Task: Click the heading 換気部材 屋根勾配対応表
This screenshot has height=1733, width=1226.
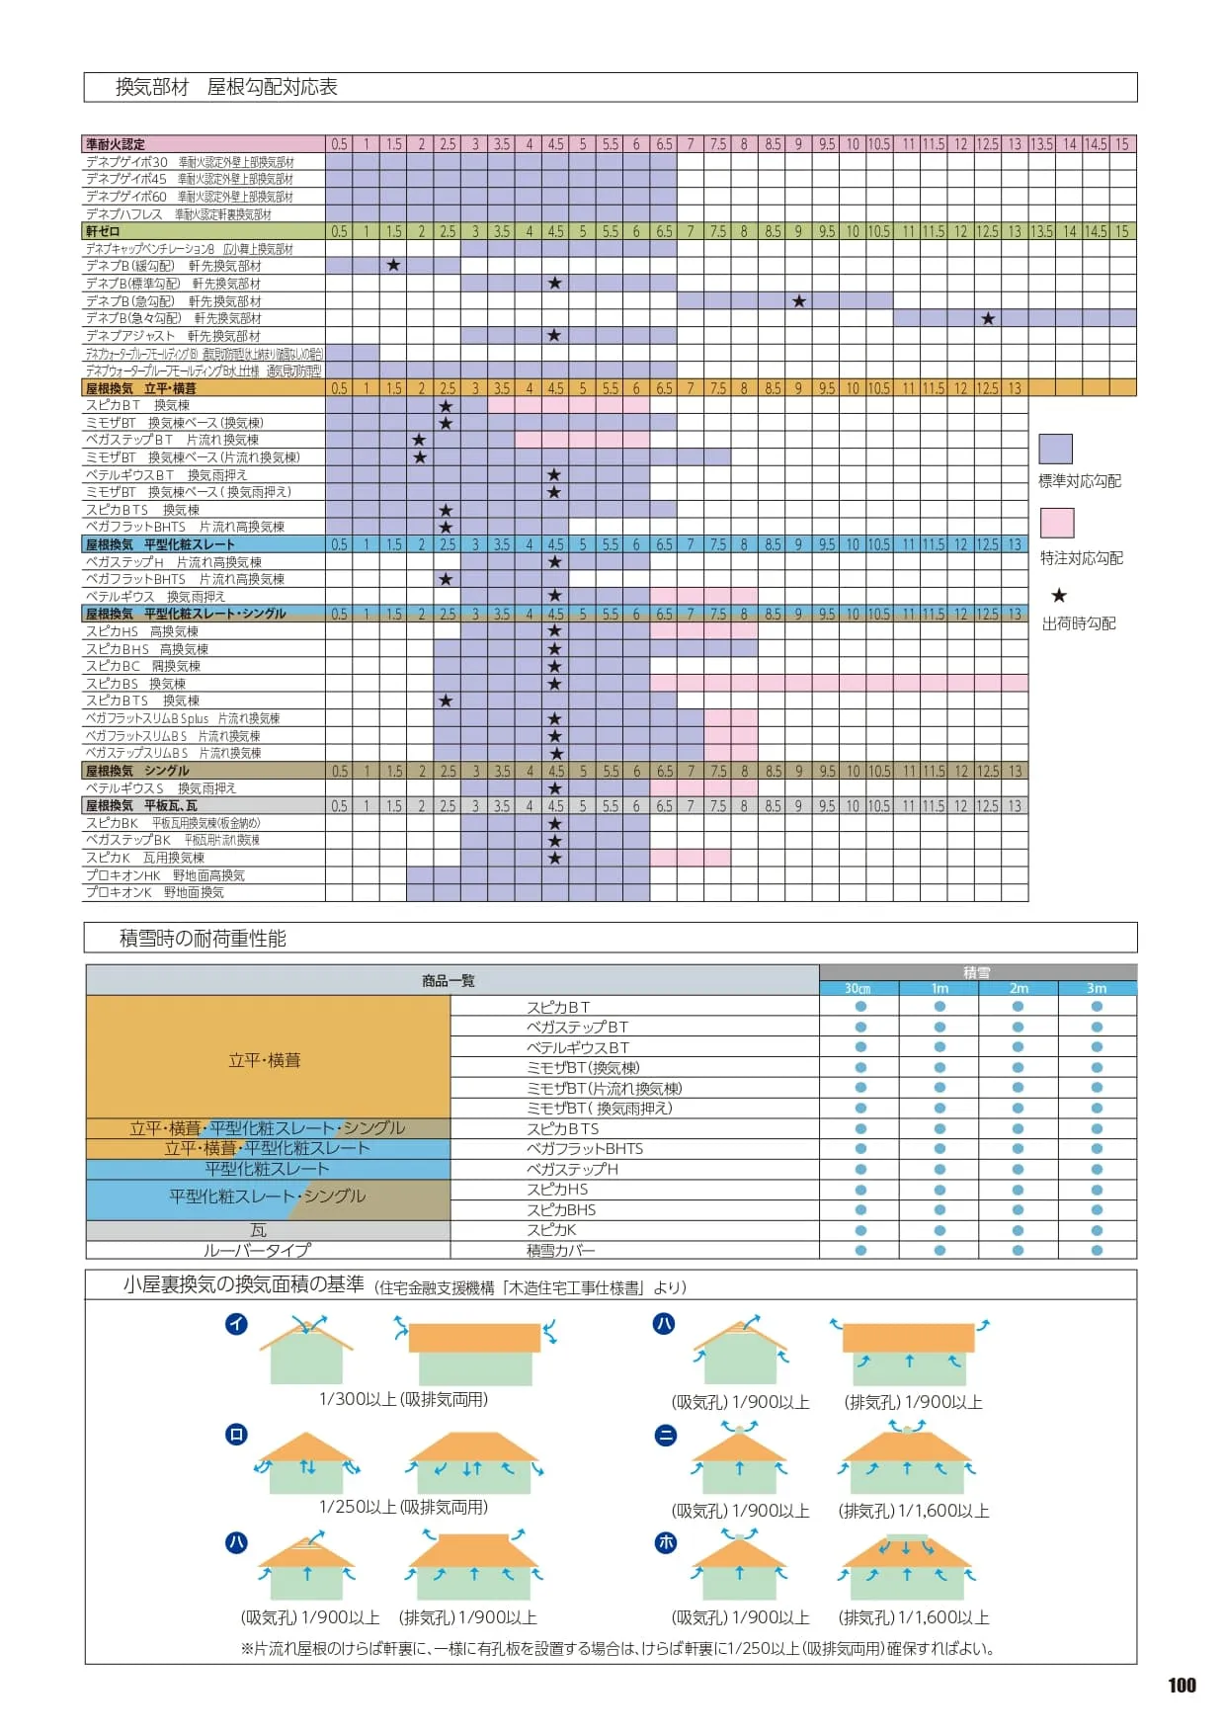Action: pos(226,87)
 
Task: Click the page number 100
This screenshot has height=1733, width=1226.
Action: pos(1182,1686)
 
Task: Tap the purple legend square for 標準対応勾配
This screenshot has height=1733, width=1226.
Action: pos(1055,449)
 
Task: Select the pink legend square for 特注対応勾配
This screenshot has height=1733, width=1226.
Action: pos(1056,523)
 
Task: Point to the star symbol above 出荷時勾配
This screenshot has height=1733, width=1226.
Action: pos(1059,596)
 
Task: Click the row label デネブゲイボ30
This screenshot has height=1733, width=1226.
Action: pos(126,162)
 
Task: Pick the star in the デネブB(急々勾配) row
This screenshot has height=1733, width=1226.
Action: pos(988,318)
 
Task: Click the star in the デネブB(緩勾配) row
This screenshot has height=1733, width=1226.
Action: pos(393,266)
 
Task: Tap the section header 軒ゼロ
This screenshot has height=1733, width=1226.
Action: pos(103,231)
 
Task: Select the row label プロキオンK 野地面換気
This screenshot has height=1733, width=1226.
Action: pos(155,892)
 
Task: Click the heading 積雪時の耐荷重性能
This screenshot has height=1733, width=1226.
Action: pos(203,939)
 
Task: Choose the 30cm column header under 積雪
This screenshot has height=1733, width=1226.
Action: pos(858,988)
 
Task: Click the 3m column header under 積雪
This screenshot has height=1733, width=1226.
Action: pos(1097,988)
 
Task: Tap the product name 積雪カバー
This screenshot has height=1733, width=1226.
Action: pos(560,1251)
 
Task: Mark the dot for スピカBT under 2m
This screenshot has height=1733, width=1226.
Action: pos(1018,1007)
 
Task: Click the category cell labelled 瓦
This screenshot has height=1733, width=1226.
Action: pos(259,1230)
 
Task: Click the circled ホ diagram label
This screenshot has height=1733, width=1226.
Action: pos(666,1542)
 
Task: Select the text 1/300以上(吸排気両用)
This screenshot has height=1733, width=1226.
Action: pos(403,1399)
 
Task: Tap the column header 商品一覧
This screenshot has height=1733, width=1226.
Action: pos(449,980)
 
